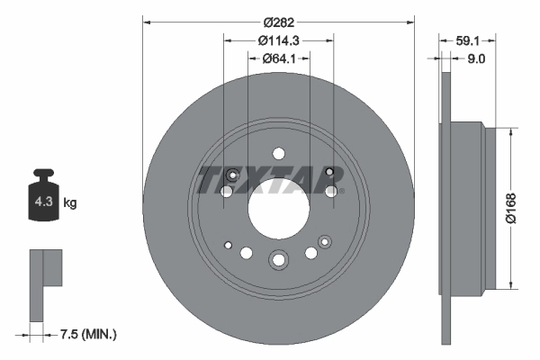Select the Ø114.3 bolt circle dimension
(x=278, y=40)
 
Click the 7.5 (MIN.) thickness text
(x=86, y=334)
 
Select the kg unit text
(x=70, y=203)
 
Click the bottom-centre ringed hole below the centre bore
(x=278, y=261)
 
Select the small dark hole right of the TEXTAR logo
(x=329, y=172)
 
